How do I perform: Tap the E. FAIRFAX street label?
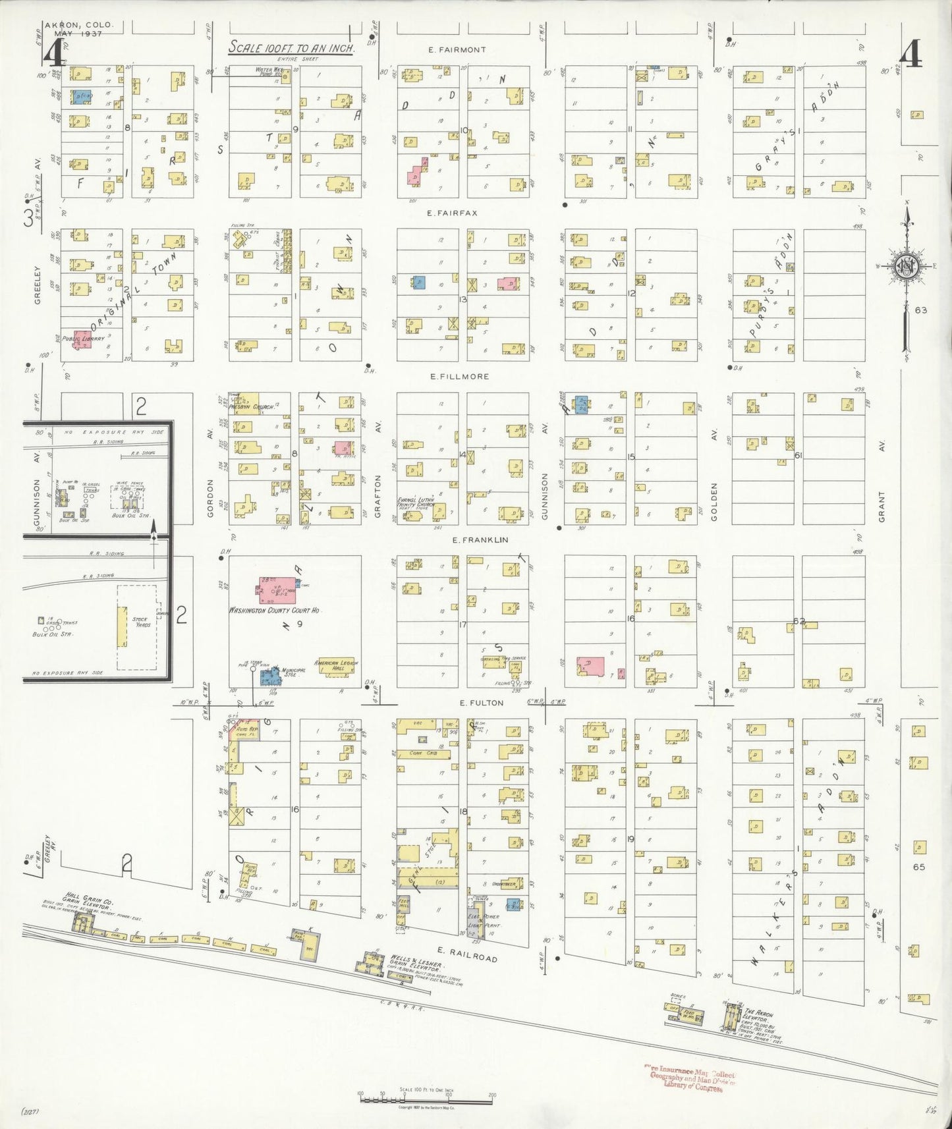click(x=452, y=213)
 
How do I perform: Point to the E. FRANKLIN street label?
click(x=480, y=539)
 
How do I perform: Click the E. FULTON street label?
click(x=482, y=703)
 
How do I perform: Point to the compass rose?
click(x=907, y=267)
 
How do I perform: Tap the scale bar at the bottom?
click(x=426, y=1096)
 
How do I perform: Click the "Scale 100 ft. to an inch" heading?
click(x=292, y=48)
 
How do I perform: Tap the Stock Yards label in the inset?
click(x=140, y=622)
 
